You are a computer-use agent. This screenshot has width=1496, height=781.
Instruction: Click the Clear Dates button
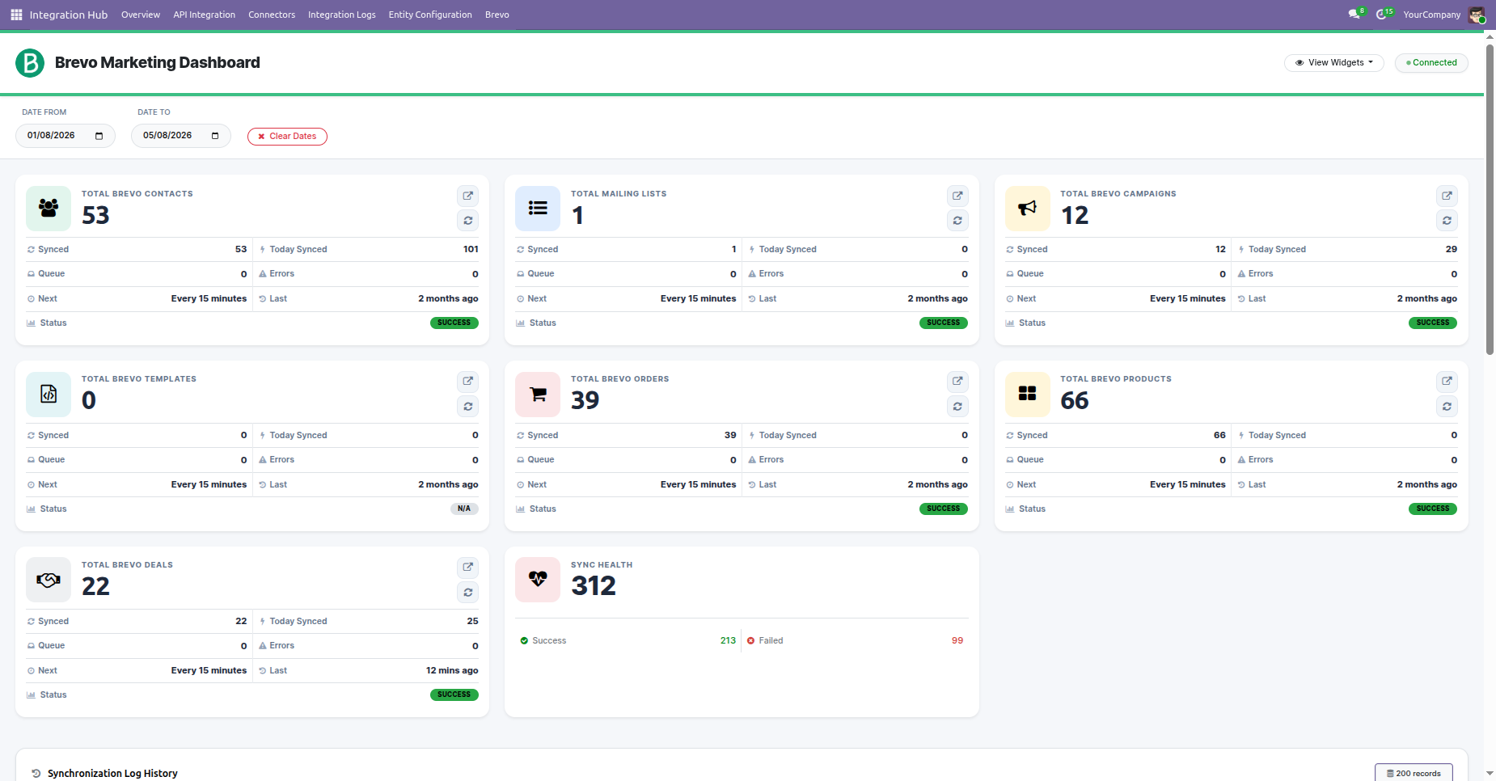pyautogui.click(x=287, y=137)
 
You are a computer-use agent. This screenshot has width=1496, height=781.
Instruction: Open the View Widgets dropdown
pyautogui.click(x=1333, y=63)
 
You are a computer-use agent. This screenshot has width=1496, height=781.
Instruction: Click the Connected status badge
pyautogui.click(x=1431, y=63)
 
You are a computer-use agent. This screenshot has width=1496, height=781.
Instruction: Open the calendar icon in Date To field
pyautogui.click(x=215, y=136)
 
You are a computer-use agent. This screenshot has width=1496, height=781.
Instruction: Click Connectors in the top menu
pyautogui.click(x=272, y=15)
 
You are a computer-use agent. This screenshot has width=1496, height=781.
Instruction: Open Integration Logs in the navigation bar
pyautogui.click(x=342, y=15)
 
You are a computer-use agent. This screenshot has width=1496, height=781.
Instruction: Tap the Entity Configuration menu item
pyautogui.click(x=430, y=15)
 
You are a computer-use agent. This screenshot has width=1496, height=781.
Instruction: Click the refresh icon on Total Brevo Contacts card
pyautogui.click(x=468, y=221)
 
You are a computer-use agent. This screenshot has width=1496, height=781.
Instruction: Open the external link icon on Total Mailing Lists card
pyautogui.click(x=957, y=196)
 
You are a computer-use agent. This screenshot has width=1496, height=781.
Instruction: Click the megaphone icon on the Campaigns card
pyautogui.click(x=1027, y=209)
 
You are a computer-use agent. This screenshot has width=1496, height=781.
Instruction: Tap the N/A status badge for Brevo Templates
pyautogui.click(x=464, y=509)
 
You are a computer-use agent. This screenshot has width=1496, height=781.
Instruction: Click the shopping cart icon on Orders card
pyautogui.click(x=538, y=395)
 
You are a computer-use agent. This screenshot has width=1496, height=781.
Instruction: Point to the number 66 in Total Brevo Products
pyautogui.click(x=1075, y=401)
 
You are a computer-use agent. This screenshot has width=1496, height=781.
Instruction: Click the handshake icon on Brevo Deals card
pyautogui.click(x=49, y=580)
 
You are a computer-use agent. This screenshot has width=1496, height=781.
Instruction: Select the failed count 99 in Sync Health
pyautogui.click(x=957, y=640)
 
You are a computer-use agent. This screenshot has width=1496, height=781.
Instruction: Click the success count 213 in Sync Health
pyautogui.click(x=728, y=640)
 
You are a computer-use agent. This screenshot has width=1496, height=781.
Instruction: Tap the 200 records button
pyautogui.click(x=1414, y=773)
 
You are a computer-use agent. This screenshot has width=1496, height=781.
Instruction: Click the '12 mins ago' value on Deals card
pyautogui.click(x=452, y=670)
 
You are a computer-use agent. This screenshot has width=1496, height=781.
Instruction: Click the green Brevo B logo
pyautogui.click(x=30, y=63)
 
